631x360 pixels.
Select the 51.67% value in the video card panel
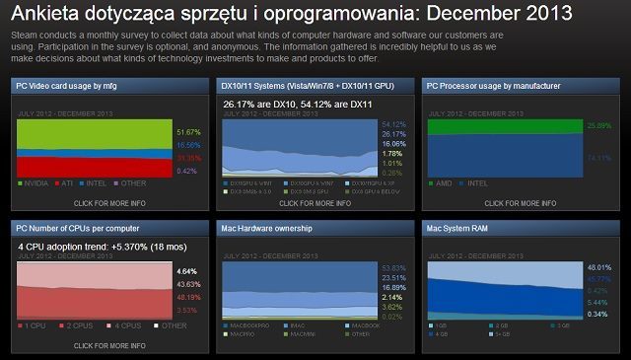click(186, 131)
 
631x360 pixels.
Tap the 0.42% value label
click(186, 171)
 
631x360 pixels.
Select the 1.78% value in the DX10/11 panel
click(391, 154)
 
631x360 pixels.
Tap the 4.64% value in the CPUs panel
click(186, 270)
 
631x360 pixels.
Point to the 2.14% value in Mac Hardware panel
click(391, 297)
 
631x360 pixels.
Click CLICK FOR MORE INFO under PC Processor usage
click(519, 203)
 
